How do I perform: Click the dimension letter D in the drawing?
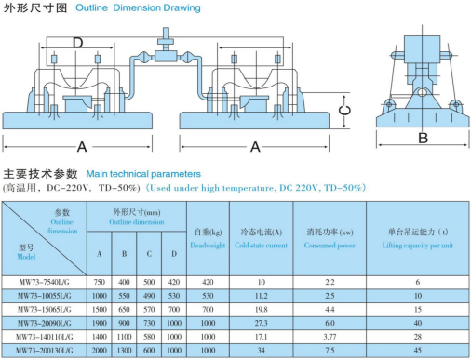(77, 43)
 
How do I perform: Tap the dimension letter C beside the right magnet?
(344, 111)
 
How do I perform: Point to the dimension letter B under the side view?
(423, 138)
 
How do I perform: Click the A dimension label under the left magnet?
(82, 147)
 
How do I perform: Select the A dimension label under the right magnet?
(255, 147)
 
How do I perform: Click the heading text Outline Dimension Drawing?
(138, 7)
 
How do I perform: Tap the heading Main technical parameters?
(143, 174)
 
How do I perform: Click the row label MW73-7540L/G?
(45, 282)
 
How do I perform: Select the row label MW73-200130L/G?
(45, 351)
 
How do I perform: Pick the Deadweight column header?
(208, 246)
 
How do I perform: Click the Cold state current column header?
(261, 246)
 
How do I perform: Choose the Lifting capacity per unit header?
(418, 246)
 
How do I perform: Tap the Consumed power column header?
(330, 246)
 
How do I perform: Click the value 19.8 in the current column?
(262, 310)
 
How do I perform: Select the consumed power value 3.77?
(330, 337)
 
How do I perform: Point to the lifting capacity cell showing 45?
(418, 351)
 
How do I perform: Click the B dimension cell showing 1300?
(124, 351)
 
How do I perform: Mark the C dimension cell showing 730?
(149, 323)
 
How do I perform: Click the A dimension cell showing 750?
(100, 282)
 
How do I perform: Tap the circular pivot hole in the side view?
(422, 92)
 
